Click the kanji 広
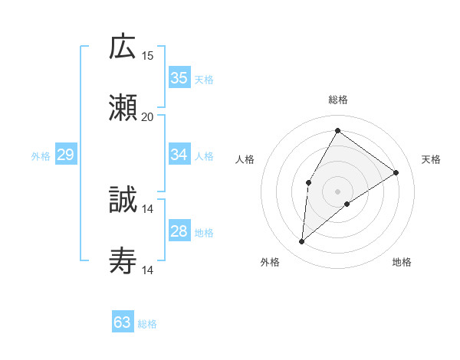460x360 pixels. pyautogui.click(x=123, y=47)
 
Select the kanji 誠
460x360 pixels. pyautogui.click(x=123, y=201)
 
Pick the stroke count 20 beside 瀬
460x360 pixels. pyautogui.click(x=148, y=116)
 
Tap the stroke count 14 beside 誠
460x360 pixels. pyautogui.click(x=148, y=208)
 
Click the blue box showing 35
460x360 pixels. pyautogui.click(x=179, y=78)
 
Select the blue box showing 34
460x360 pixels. pyautogui.click(x=179, y=155)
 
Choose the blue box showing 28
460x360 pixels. pyautogui.click(x=179, y=231)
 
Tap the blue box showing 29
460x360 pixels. pyautogui.click(x=65, y=155)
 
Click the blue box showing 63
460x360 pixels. pyautogui.click(x=123, y=322)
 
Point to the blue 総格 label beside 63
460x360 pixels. pyautogui.click(x=148, y=324)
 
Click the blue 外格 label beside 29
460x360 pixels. pyautogui.click(x=41, y=156)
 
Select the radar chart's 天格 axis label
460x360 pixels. pyautogui.click(x=432, y=159)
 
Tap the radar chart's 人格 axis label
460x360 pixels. pyautogui.click(x=245, y=159)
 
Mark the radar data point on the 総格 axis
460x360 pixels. pyautogui.click(x=337, y=130)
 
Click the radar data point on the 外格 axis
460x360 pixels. pyautogui.click(x=302, y=242)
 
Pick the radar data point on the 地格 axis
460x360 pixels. pyautogui.click(x=347, y=204)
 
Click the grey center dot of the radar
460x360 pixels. pyautogui.click(x=337, y=190)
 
